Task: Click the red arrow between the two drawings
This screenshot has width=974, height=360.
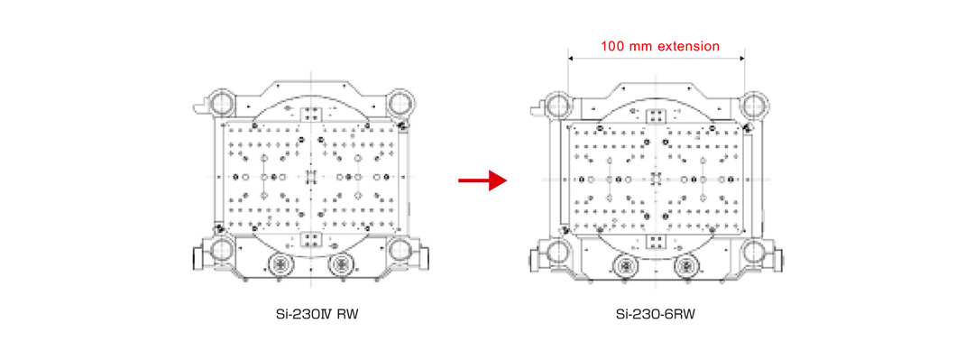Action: click(482, 180)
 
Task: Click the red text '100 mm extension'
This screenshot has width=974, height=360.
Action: click(659, 46)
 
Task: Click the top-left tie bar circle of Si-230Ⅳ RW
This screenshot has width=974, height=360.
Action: click(221, 101)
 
